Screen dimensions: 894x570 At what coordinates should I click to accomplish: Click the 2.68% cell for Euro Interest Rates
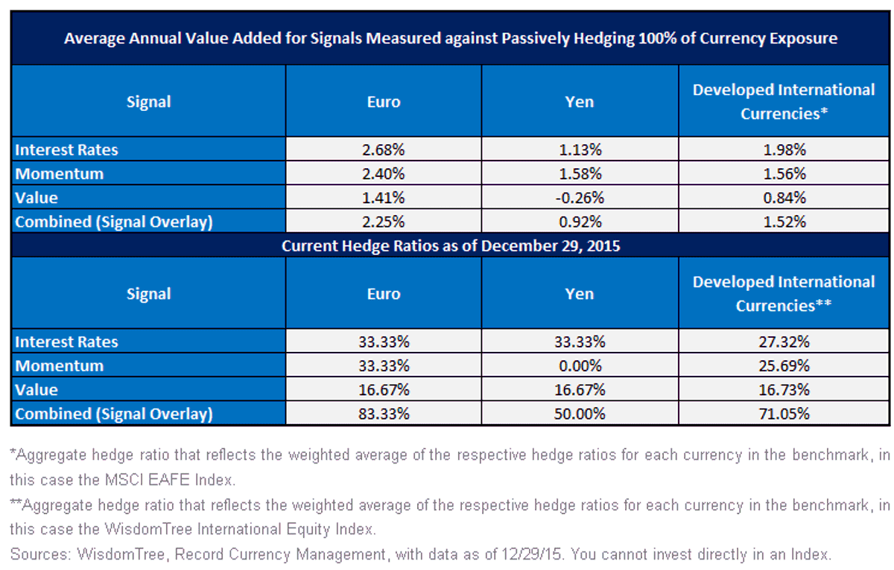point(383,150)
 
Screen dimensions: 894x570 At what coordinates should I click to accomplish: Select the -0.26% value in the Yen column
point(580,198)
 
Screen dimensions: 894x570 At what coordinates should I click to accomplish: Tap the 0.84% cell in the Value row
point(784,198)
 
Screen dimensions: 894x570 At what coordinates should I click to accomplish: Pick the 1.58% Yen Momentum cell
point(580,174)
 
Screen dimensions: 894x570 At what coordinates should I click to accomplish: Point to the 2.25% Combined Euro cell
point(383,222)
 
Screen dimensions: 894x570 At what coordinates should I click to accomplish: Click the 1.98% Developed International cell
point(784,150)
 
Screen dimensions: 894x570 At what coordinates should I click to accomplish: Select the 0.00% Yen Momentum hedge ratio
point(580,365)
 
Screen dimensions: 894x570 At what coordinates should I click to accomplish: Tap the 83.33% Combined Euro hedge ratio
point(384,413)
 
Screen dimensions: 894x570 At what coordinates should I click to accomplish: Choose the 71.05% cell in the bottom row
point(784,413)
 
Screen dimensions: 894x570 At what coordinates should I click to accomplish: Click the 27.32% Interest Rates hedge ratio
point(784,342)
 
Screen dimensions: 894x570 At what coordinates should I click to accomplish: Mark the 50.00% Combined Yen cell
point(580,413)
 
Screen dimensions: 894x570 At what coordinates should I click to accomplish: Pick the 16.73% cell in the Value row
point(784,389)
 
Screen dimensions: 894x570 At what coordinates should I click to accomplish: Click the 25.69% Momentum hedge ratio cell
point(784,365)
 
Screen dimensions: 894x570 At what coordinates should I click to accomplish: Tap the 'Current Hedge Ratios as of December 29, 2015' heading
point(451,246)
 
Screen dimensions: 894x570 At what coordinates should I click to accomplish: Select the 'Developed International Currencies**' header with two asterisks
point(784,294)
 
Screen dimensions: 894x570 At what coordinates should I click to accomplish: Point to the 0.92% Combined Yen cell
point(580,222)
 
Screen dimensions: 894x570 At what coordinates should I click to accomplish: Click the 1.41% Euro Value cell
point(383,198)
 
